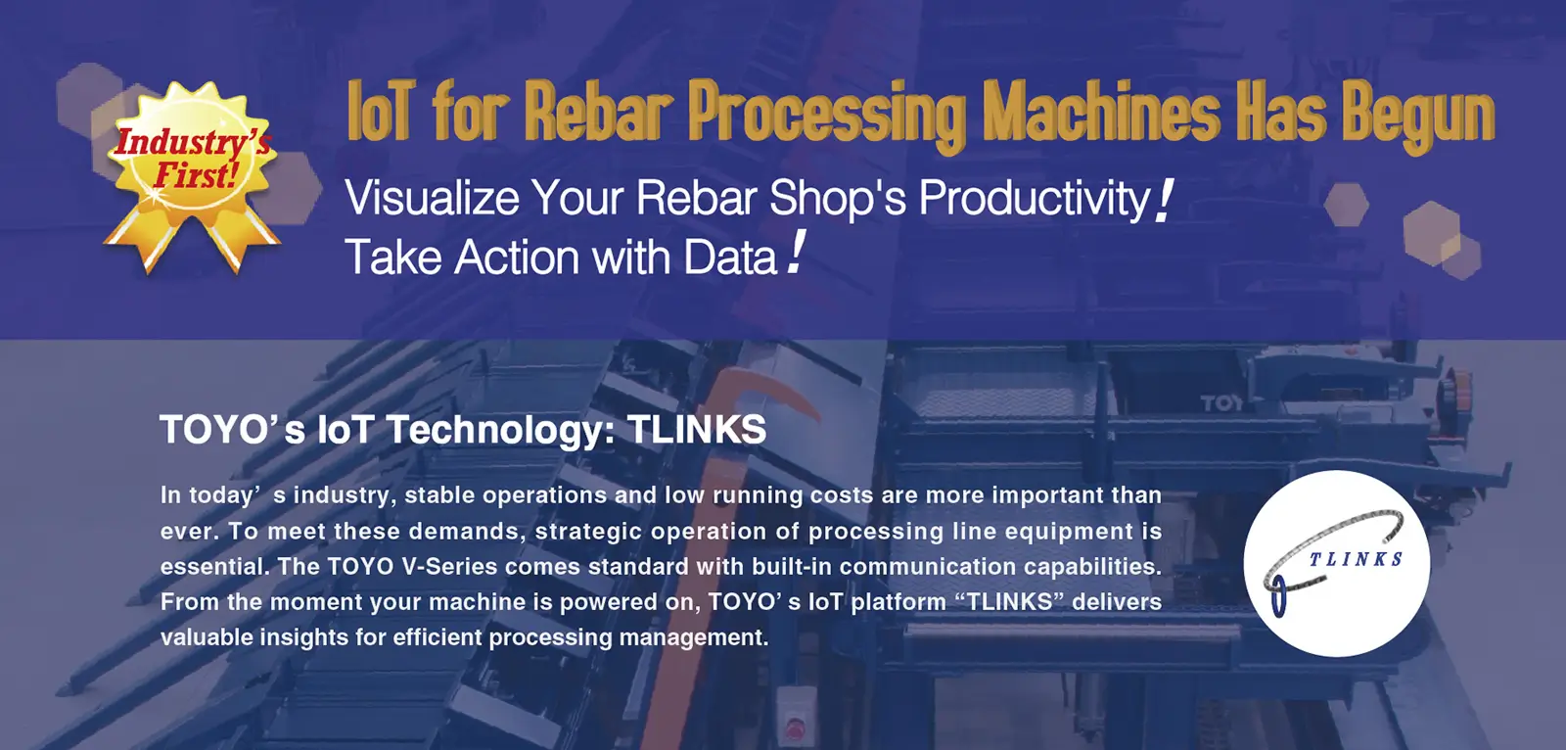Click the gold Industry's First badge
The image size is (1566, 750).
click(x=192, y=175)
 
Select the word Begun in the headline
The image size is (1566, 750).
click(x=1418, y=117)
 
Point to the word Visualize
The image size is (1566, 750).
click(x=432, y=198)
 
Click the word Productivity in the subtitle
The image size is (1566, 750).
click(x=1034, y=200)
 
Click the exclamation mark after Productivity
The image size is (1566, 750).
click(x=1164, y=201)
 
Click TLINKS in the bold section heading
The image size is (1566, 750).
click(x=697, y=429)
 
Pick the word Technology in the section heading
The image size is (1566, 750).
click(x=500, y=431)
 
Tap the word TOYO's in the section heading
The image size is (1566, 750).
click(x=232, y=429)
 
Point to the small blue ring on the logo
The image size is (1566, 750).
click(x=1278, y=597)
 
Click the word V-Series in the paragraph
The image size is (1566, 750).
click(x=449, y=566)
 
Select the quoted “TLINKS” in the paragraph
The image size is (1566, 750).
click(x=1009, y=602)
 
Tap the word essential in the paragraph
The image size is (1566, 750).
click(x=214, y=566)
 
